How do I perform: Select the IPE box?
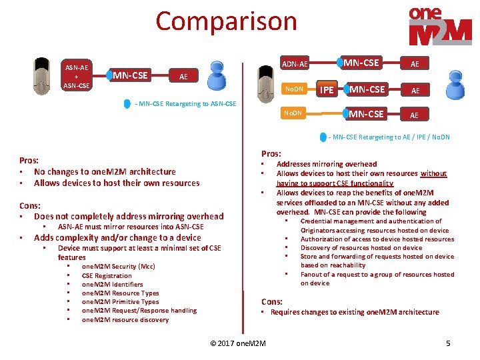pyautogui.click(x=327, y=89)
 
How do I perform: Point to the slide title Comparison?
pyautogui.click(x=226, y=21)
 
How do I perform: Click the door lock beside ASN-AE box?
pyautogui.click(x=42, y=76)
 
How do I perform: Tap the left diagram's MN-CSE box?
pyautogui.click(x=130, y=75)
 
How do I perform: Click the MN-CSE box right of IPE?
pyautogui.click(x=367, y=89)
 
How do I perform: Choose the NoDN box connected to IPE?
pyautogui.click(x=294, y=89)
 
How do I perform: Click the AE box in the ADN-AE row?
pyautogui.click(x=415, y=64)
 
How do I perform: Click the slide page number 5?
pyautogui.click(x=448, y=343)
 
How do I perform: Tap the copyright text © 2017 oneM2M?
pyautogui.click(x=237, y=343)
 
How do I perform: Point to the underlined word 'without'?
pyautogui.click(x=433, y=173)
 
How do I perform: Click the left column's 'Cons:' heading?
pyautogui.click(x=30, y=205)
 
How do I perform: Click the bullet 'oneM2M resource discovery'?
pyautogui.click(x=125, y=319)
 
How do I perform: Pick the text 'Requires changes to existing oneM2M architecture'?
pyautogui.click(x=355, y=312)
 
